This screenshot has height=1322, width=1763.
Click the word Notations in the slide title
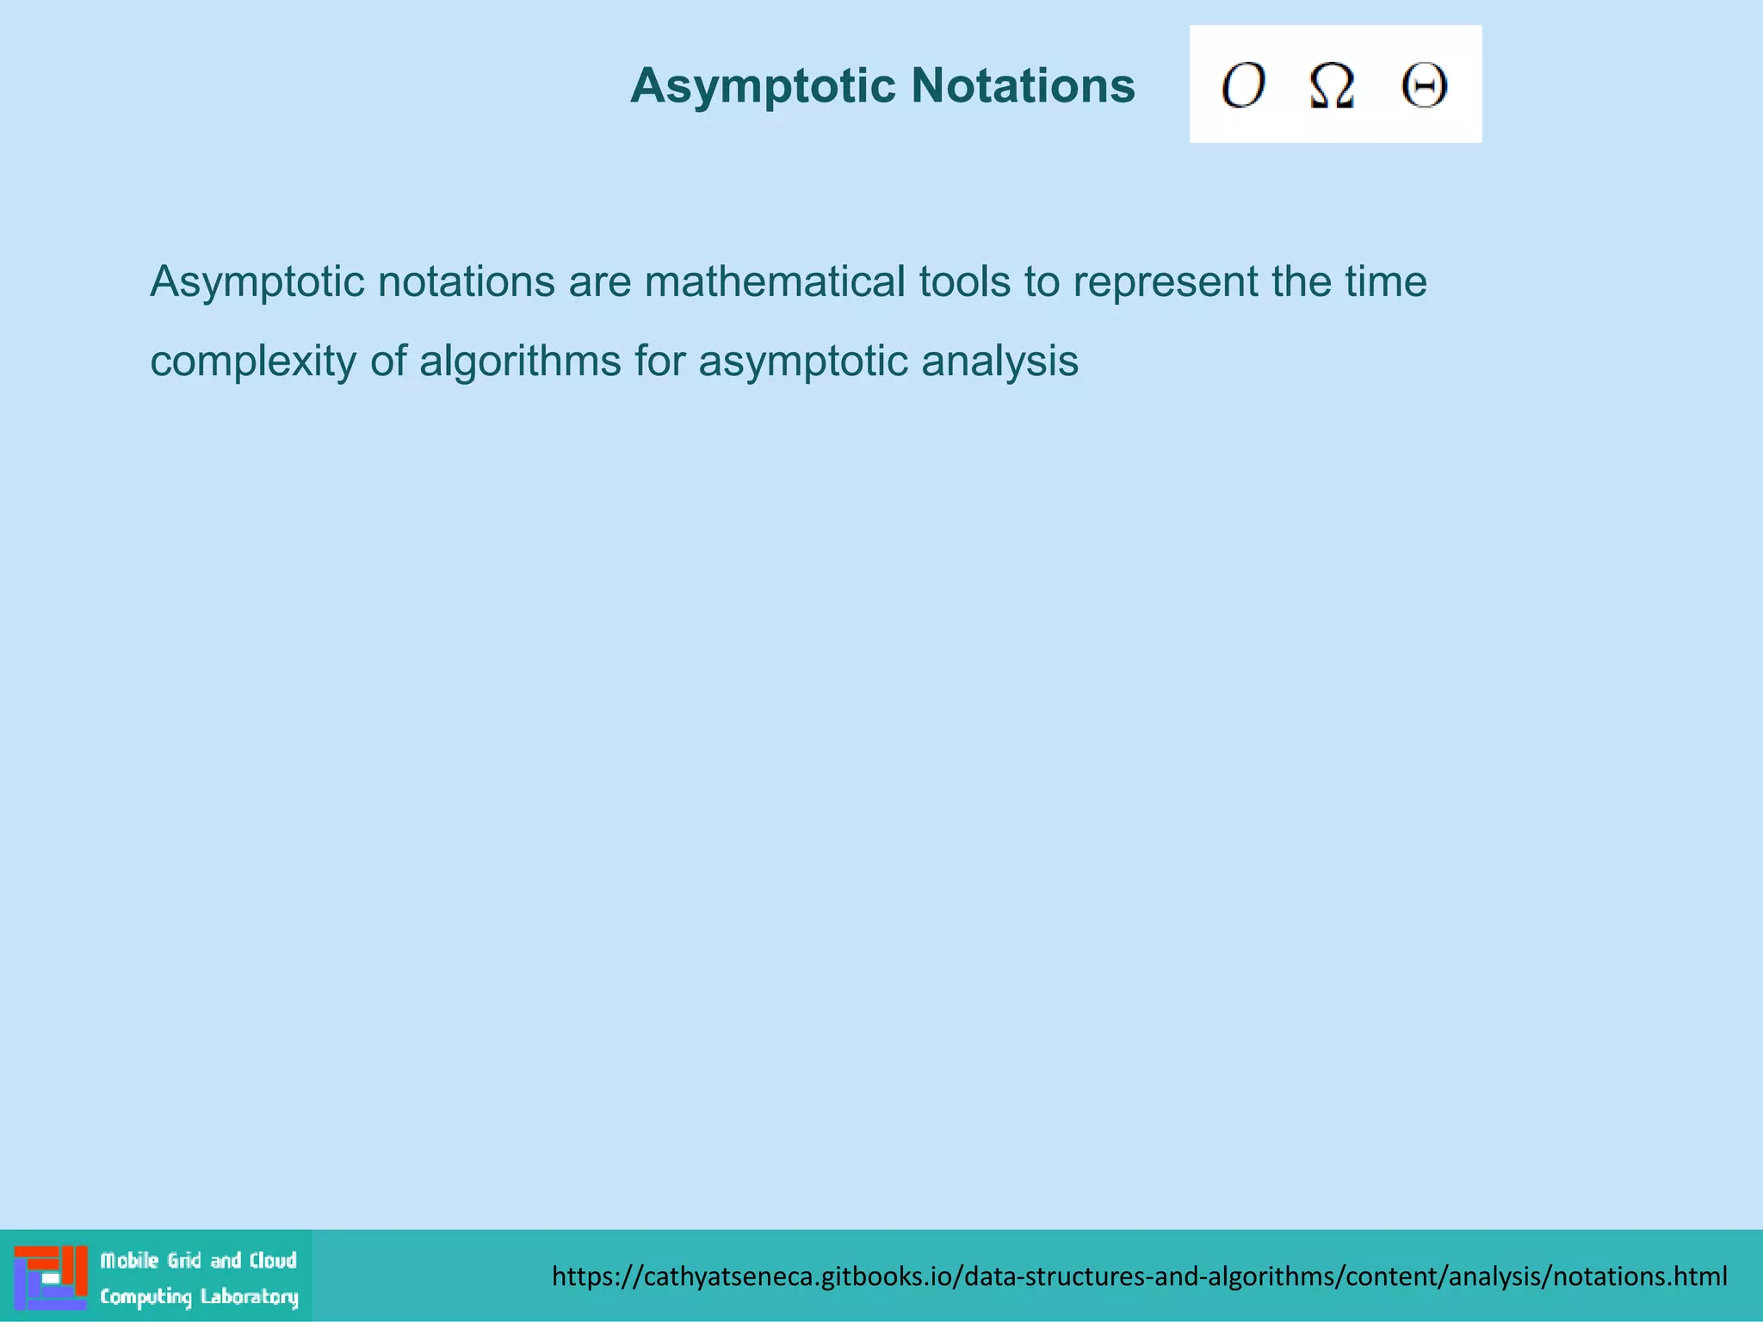coord(1023,86)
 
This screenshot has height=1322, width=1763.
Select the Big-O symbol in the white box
coord(1243,85)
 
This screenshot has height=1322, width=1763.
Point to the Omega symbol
coord(1332,86)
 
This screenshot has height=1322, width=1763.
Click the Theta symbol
coord(1424,85)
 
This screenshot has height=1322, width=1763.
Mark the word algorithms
coord(520,361)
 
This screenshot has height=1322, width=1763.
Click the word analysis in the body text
coord(999,361)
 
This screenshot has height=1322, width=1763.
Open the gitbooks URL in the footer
coord(1139,1276)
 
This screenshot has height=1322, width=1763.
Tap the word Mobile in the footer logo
coord(130,1261)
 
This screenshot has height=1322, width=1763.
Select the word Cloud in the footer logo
coord(273,1261)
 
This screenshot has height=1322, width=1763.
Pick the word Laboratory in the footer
coord(250,1297)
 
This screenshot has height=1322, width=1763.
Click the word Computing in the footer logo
coord(145,1297)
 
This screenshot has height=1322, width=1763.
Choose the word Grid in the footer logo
coord(184,1261)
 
